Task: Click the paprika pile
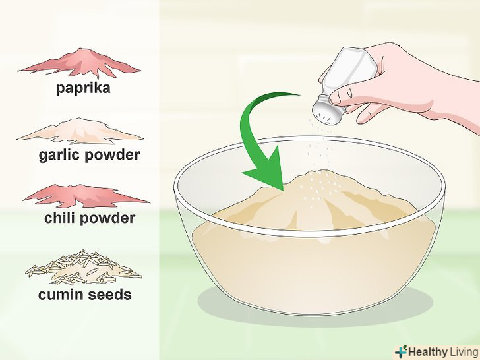[x=80, y=63]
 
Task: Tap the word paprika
[x=83, y=88]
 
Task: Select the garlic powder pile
[x=80, y=132]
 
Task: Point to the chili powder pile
[x=86, y=196]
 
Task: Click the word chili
[x=60, y=218]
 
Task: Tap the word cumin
[x=61, y=295]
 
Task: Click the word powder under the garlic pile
[x=112, y=155]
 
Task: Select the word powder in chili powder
[x=107, y=219]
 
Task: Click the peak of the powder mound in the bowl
[x=318, y=171]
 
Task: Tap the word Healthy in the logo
[x=428, y=352]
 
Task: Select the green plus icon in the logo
[x=401, y=351]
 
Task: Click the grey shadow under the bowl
[x=315, y=309]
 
